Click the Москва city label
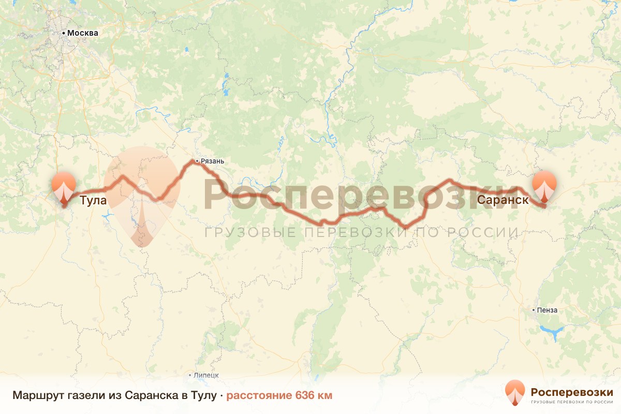(x=83, y=33)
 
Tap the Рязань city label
(x=213, y=161)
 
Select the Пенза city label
(x=548, y=310)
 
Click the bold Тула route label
(x=93, y=201)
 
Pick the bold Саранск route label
(x=503, y=200)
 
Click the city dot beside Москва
(x=64, y=33)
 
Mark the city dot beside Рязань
(x=197, y=161)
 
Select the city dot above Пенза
(x=535, y=310)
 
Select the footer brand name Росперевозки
(x=572, y=391)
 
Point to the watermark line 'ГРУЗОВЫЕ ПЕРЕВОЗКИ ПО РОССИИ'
(x=361, y=232)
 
